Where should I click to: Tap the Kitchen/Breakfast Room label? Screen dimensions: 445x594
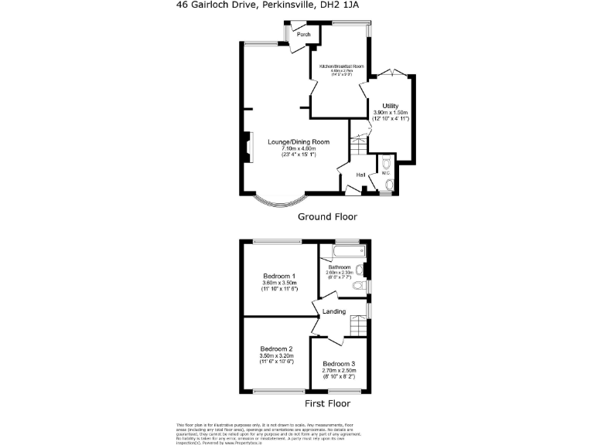tap(336, 67)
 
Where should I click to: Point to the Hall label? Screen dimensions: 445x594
tap(360, 175)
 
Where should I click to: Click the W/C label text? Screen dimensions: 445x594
tap(385, 172)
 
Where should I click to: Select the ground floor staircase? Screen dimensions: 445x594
tap(358, 143)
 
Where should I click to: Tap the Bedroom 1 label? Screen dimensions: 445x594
tap(279, 277)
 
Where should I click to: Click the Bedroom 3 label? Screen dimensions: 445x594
tap(339, 364)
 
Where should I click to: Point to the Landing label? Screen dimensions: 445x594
tap(334, 311)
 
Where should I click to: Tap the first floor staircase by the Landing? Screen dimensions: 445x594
tap(357, 324)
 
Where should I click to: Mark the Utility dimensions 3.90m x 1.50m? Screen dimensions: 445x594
tap(391, 113)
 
